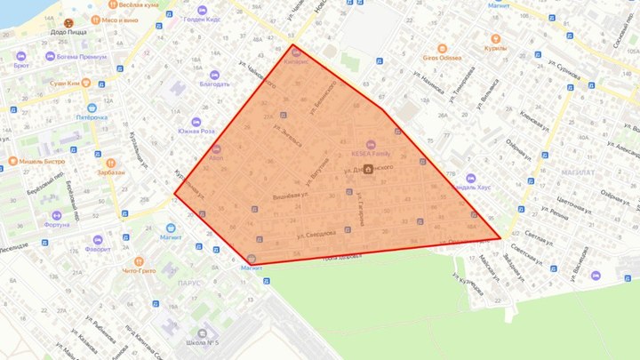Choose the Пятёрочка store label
pyautogui.click(x=92, y=116)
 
